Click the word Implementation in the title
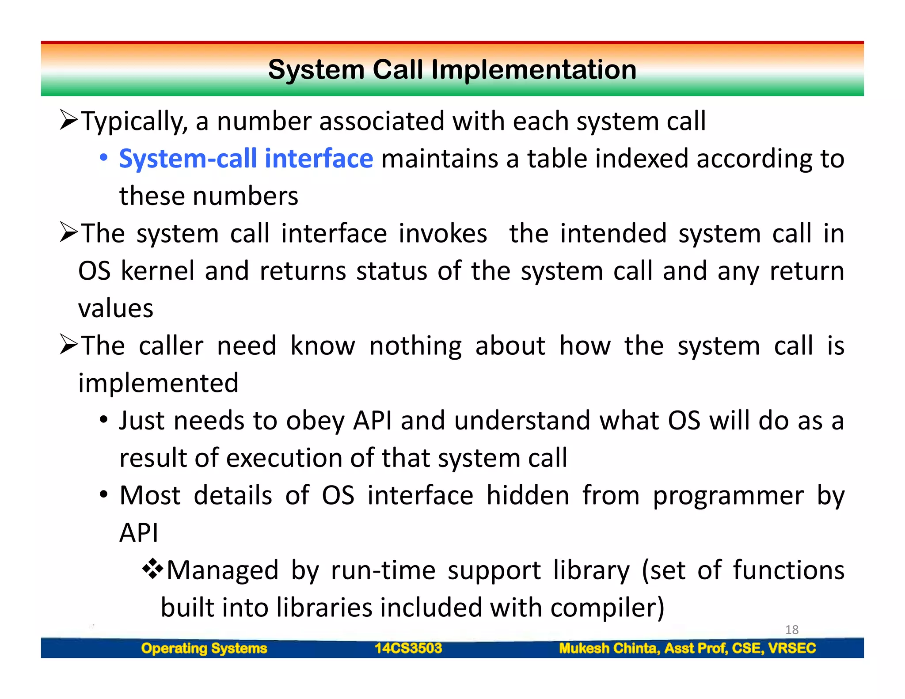coord(534,70)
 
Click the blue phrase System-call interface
coord(246,159)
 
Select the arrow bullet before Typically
coord(69,120)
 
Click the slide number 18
coord(791,630)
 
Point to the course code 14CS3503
coord(408,648)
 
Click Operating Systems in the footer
coord(204,648)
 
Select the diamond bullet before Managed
coord(152,569)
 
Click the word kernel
coord(157,271)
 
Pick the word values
coord(116,308)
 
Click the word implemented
coord(158,383)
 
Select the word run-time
coord(383,570)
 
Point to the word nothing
coord(415,346)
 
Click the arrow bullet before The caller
coord(69,345)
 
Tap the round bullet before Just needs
coord(103,420)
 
